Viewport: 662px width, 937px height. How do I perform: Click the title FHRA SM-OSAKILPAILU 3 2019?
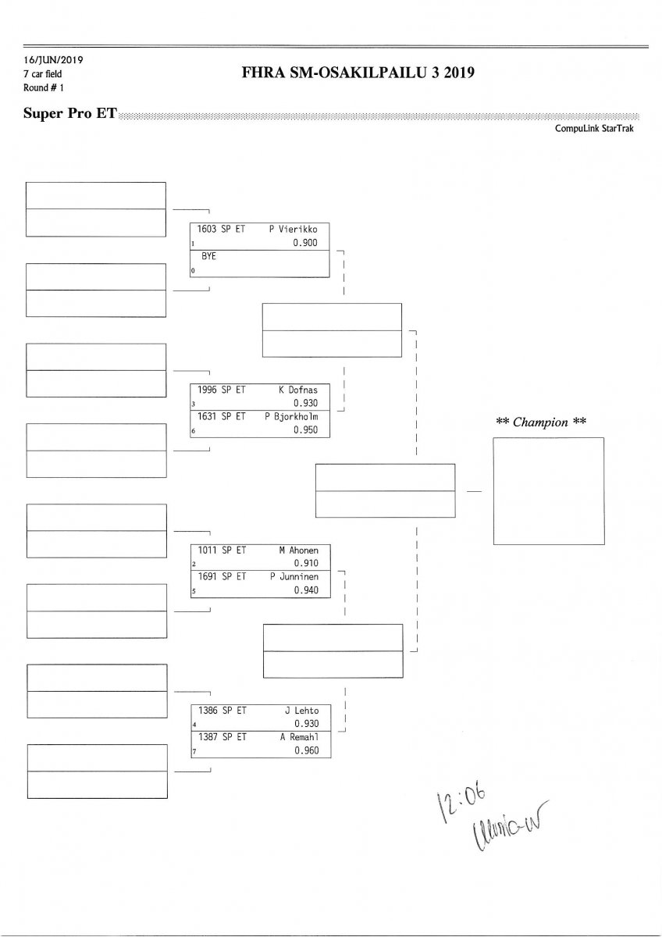(x=359, y=73)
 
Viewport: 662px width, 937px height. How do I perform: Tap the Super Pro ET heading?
(x=70, y=114)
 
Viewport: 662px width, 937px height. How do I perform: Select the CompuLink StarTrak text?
(x=594, y=128)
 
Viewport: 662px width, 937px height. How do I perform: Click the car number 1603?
(x=208, y=230)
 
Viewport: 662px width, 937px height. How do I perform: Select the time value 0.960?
(x=306, y=750)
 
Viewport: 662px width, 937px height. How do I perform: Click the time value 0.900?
(x=306, y=243)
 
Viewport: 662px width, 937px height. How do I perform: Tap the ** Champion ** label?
(x=542, y=422)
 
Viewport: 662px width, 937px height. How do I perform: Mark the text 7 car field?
(x=45, y=73)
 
